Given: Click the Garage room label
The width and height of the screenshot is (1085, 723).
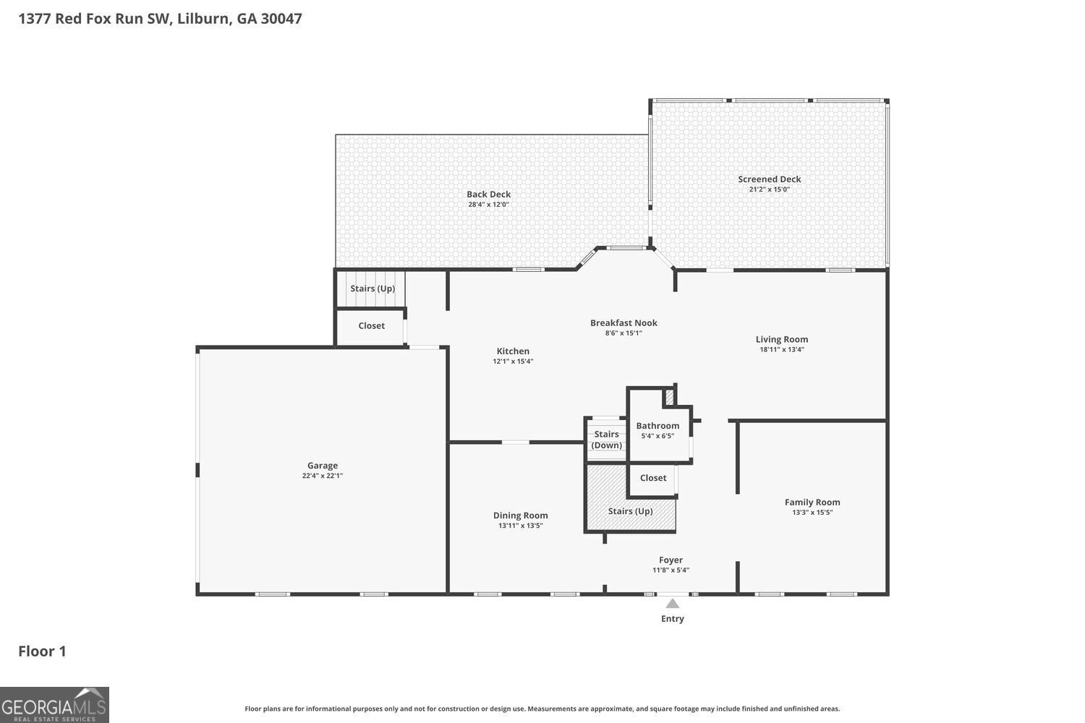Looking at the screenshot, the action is [x=322, y=466].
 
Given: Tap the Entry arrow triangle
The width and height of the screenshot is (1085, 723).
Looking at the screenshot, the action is [x=672, y=604].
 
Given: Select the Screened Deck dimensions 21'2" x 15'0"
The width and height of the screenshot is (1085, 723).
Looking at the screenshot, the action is [x=769, y=189].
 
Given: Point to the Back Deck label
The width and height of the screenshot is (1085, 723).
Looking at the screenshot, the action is [x=488, y=194].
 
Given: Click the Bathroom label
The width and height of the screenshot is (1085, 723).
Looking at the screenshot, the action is [x=658, y=426].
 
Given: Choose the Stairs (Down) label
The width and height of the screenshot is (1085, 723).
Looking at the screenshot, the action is [x=606, y=440].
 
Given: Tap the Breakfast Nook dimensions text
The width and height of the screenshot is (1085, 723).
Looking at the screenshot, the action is [x=624, y=333].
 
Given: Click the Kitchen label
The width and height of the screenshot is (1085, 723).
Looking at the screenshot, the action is [x=513, y=351].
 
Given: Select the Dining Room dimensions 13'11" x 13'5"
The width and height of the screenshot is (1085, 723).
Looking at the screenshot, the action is [x=521, y=526].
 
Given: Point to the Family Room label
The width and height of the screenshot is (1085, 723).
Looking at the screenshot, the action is [x=812, y=502].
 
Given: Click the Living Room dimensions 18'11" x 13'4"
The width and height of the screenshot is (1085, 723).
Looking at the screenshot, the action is [x=782, y=350].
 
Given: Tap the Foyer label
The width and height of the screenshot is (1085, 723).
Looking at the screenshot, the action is [x=671, y=560].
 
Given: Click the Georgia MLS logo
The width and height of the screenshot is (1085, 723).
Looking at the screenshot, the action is [x=54, y=705].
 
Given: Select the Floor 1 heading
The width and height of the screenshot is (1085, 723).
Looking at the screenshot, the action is [x=42, y=651].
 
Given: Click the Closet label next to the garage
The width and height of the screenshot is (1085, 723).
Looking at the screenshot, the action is [x=372, y=325].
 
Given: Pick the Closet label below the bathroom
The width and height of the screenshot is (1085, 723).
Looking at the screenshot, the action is [x=653, y=477].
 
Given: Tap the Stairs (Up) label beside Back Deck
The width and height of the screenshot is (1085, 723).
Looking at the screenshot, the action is [x=373, y=288].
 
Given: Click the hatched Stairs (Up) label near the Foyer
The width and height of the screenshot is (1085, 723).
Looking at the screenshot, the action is [x=630, y=511].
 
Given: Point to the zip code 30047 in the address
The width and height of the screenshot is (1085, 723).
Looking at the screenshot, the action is [x=281, y=18].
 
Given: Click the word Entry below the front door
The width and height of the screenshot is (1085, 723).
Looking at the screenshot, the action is [x=672, y=618].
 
